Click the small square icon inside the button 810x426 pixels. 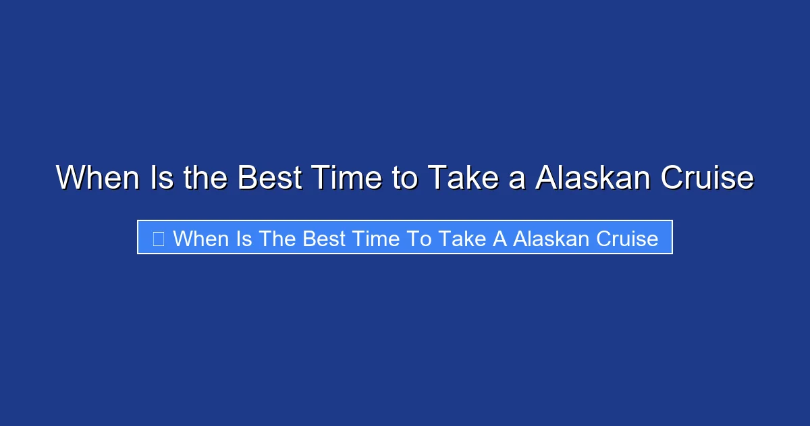click(158, 238)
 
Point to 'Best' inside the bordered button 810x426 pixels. click(325, 238)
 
